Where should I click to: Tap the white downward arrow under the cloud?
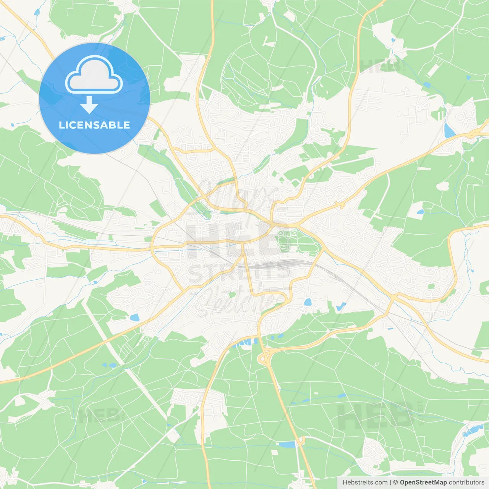[89, 105]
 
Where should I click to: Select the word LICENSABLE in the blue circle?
[94, 125]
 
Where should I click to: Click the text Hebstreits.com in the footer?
[365, 483]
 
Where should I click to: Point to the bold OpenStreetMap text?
[423, 483]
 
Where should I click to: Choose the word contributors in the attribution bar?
[466, 483]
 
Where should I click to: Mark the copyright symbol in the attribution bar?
[396, 483]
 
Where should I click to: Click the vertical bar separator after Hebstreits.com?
[390, 483]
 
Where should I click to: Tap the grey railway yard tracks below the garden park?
[283, 264]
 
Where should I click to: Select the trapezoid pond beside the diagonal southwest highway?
[134, 317]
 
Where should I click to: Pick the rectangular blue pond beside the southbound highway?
[287, 444]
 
